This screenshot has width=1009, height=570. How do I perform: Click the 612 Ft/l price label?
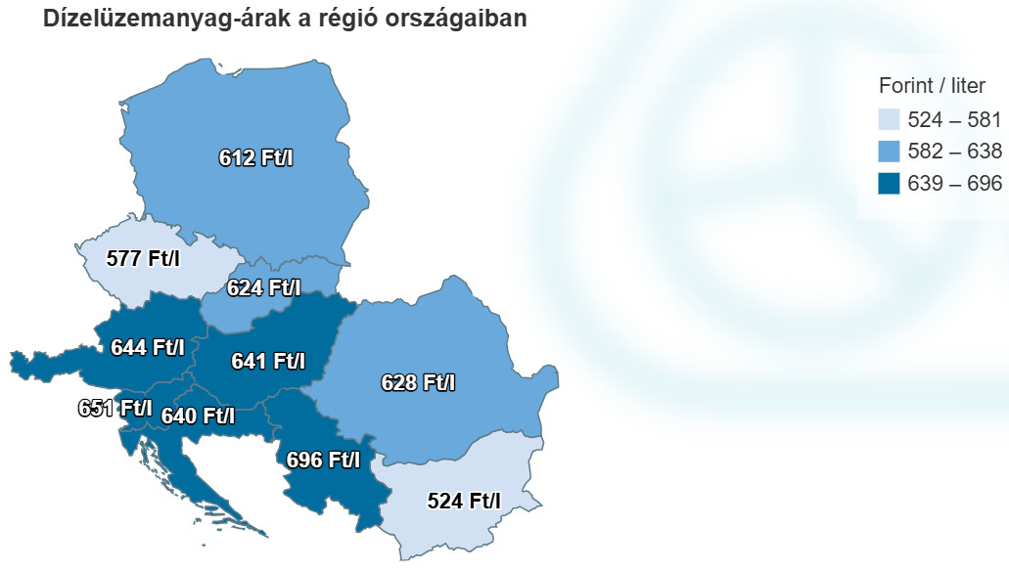coord(256,157)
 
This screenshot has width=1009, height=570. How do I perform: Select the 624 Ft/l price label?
coord(263,288)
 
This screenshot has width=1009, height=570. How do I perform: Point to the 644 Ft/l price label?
coord(148,347)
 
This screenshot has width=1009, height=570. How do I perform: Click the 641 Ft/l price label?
coord(268,362)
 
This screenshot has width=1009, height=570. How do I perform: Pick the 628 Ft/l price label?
coord(418,382)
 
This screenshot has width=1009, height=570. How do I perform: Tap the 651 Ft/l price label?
coord(115,408)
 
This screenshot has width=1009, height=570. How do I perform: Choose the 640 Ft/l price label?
coord(198,416)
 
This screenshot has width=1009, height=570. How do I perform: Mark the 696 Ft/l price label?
coord(323,459)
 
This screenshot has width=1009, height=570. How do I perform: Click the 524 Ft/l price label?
coord(464,502)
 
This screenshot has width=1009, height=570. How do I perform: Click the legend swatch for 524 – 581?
coord(890,120)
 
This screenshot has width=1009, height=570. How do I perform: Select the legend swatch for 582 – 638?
coord(890,152)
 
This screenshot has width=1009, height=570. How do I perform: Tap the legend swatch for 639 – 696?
coord(890,183)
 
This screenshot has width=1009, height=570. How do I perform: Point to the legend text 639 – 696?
coord(954,183)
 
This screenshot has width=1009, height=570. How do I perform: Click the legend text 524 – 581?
coord(954,120)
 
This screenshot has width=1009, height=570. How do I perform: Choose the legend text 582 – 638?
coord(954,152)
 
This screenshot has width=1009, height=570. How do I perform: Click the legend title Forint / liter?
coord(932,86)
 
